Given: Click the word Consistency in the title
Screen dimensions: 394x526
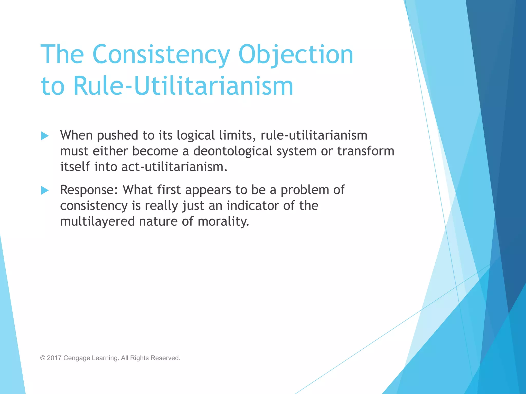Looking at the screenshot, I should (161, 54).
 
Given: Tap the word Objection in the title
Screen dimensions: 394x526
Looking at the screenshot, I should (296, 54).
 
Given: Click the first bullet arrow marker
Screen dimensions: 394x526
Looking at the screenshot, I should (45, 136).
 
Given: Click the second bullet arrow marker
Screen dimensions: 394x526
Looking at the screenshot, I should (45, 190).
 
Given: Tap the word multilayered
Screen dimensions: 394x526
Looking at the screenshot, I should (97, 221).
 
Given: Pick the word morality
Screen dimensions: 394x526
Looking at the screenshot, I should (223, 221).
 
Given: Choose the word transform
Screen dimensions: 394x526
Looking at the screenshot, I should (365, 151).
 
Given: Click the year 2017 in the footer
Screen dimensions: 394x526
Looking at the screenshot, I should (54, 358).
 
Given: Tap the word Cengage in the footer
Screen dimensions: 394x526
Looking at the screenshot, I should (77, 358).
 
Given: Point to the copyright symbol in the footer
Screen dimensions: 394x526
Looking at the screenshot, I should (43, 358).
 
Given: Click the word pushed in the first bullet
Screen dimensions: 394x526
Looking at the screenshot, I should (117, 135).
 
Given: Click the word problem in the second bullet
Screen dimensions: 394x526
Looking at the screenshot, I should (305, 190).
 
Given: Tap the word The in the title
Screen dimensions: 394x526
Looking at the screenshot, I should (62, 54).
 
